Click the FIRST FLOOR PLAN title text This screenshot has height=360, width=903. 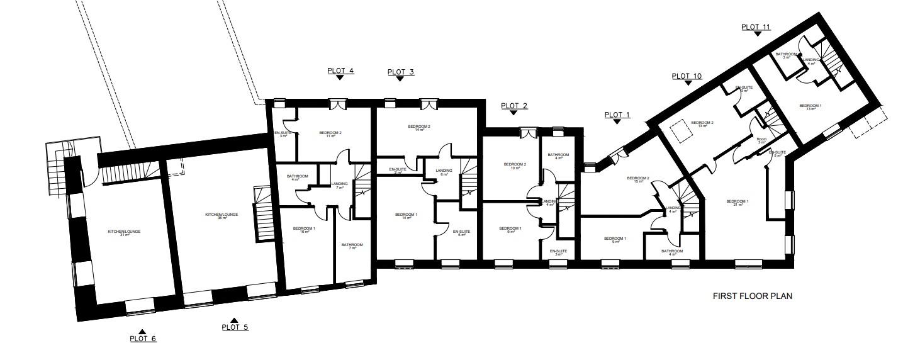click(x=752, y=296)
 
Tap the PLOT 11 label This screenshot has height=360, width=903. click(x=755, y=27)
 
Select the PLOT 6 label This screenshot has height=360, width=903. click(x=143, y=339)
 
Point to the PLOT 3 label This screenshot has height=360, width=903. click(x=400, y=72)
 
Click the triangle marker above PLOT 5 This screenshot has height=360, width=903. click(x=234, y=320)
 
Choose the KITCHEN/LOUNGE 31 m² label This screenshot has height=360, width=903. click(x=124, y=233)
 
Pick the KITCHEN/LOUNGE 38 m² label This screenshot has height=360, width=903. click(x=222, y=217)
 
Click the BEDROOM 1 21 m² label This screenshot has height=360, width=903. click(x=737, y=203)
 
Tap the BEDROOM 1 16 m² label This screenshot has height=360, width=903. click(x=305, y=230)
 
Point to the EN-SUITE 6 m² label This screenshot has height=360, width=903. click(x=461, y=233)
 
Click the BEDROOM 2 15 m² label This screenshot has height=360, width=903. click(x=637, y=180)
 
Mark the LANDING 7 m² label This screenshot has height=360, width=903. click(x=339, y=186)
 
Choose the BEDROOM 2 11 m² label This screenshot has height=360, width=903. click(x=330, y=134)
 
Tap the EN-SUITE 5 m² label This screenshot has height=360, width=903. click(x=778, y=154)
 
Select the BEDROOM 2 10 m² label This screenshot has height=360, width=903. click(x=514, y=166)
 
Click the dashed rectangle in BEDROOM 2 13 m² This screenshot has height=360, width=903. click(x=680, y=133)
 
